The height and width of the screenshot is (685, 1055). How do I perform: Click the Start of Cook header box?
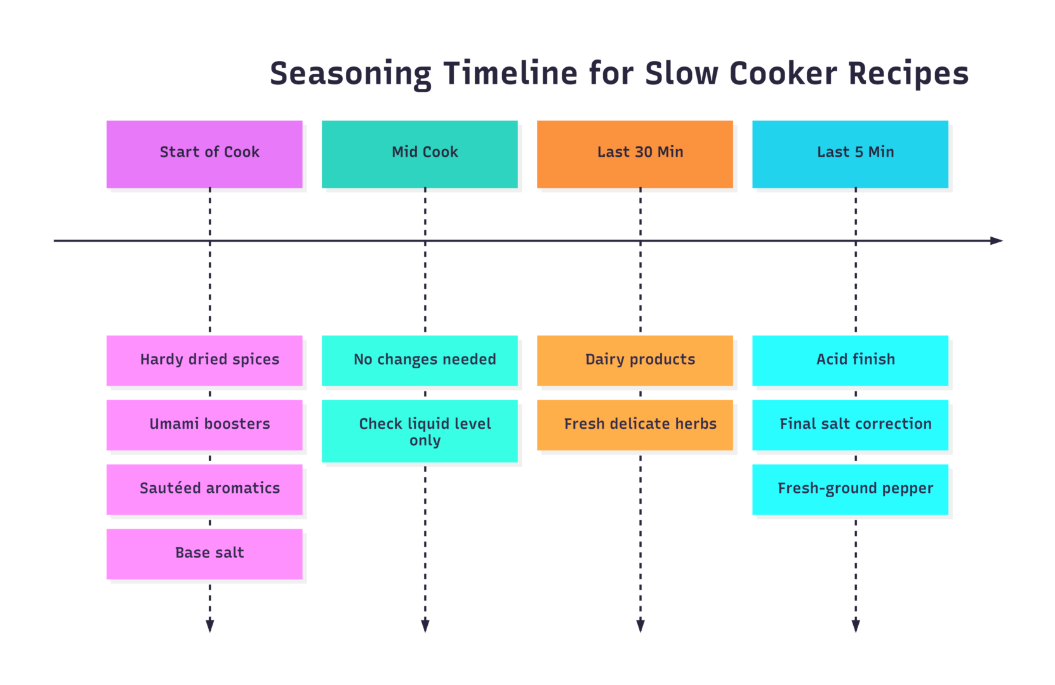tap(204, 154)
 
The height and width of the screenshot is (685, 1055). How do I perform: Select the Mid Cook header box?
tap(420, 154)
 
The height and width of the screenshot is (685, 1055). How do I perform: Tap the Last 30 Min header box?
tap(635, 154)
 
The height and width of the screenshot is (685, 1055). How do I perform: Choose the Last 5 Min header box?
tap(850, 154)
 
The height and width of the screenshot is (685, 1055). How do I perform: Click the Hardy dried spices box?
tap(204, 361)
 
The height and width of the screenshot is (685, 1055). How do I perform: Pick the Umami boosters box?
tap(204, 426)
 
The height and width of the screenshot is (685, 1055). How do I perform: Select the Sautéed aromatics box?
tap(204, 490)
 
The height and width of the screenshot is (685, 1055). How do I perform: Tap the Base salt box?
tap(204, 554)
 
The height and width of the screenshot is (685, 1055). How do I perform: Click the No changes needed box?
tap(420, 361)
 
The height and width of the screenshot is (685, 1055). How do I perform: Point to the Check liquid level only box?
tap(420, 431)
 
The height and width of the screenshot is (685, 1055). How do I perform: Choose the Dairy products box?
tap(635, 361)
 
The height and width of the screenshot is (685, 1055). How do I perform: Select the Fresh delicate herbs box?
tap(635, 426)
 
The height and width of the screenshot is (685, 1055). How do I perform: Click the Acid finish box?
tap(850, 361)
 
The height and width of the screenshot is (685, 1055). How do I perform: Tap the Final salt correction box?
tap(850, 426)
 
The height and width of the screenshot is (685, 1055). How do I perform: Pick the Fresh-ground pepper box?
tap(850, 490)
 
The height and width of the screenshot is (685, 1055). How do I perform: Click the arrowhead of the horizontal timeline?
tap(997, 241)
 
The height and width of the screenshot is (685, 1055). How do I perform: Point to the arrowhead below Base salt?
tap(210, 626)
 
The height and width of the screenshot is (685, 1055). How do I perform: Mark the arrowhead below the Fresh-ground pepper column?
tap(856, 626)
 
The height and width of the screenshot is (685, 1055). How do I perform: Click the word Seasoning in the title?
tap(351, 74)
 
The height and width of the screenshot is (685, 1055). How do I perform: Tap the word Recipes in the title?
tap(908, 74)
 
